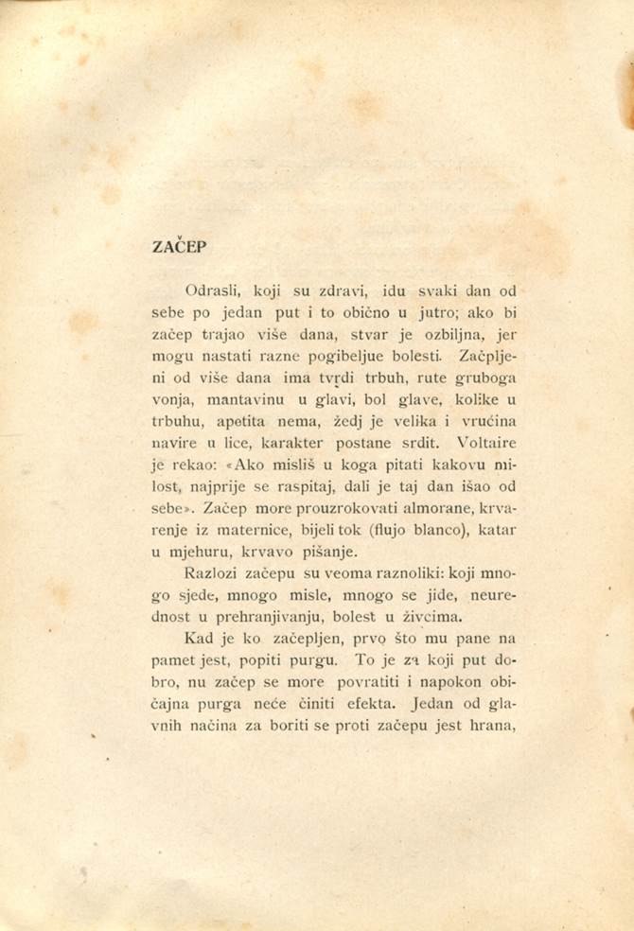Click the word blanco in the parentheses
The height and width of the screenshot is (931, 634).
(455, 532)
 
